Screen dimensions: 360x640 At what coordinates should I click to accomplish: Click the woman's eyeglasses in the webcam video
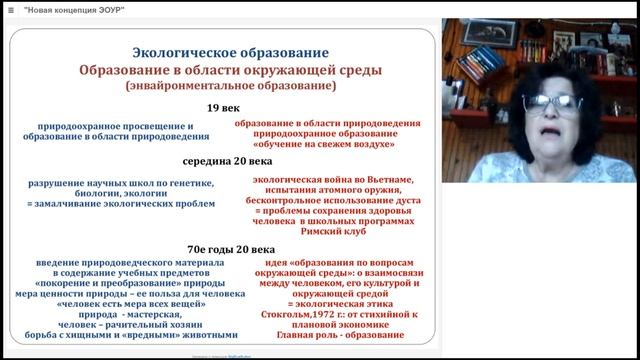point(553,104)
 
